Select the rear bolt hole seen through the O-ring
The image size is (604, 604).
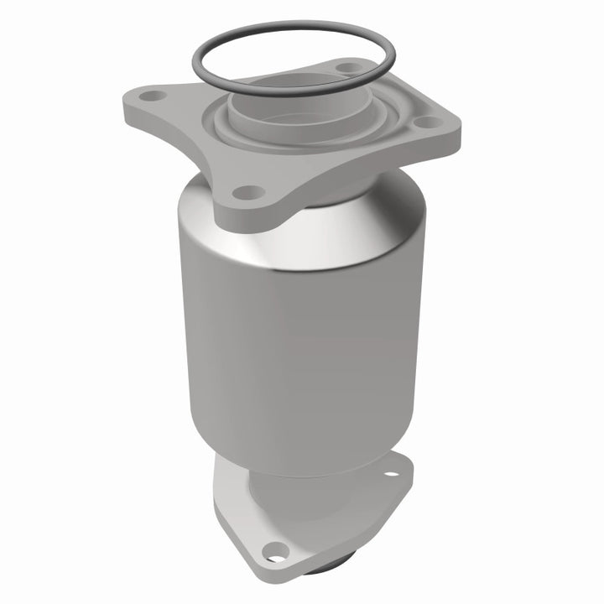343,66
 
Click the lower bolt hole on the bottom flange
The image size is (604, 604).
273,550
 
